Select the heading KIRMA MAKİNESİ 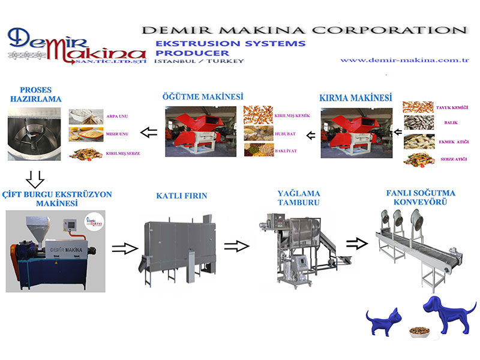point(356,97)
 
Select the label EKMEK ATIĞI point(452,142)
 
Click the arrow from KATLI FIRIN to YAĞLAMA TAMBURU point(236,245)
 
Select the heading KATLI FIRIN point(179,195)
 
